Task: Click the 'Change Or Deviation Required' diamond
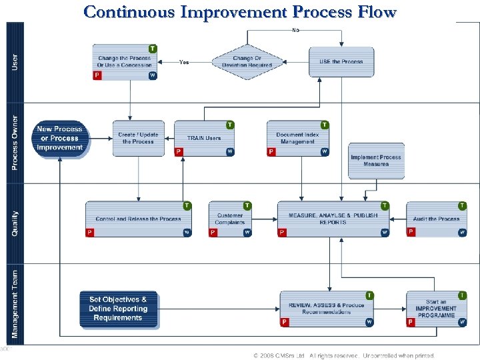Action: [243, 62]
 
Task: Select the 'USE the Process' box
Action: [341, 62]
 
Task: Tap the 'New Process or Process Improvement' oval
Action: [60, 139]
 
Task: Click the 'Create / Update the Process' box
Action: [138, 139]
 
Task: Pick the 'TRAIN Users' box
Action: [204, 139]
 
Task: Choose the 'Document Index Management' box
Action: [297, 139]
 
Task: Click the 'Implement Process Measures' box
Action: [376, 161]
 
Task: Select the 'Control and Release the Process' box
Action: [138, 219]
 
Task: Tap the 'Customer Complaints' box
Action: [230, 219]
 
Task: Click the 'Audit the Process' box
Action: [436, 219]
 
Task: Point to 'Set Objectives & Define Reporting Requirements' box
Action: [119, 309]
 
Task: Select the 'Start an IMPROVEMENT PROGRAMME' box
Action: [436, 309]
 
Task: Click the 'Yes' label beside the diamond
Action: [184, 62]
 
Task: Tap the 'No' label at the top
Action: [295, 30]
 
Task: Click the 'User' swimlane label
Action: [15, 63]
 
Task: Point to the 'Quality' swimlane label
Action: [15, 223]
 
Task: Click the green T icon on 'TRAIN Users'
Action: [230, 125]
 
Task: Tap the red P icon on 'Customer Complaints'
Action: [213, 232]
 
